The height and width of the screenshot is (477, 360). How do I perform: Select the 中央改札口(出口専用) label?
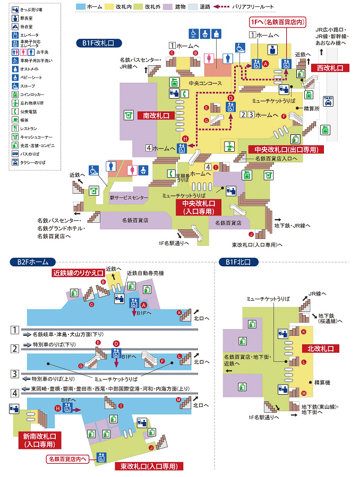click(286, 150)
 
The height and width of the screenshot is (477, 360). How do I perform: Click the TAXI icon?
click(328, 101)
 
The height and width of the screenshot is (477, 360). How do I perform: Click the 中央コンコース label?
click(204, 83)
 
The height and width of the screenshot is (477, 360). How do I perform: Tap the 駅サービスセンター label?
click(129, 197)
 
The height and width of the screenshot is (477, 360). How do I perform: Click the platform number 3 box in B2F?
click(15, 374)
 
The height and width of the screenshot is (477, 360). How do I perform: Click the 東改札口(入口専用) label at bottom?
click(149, 466)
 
